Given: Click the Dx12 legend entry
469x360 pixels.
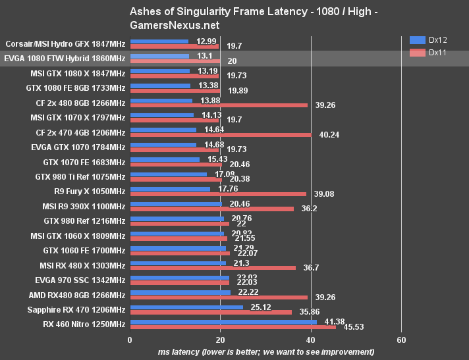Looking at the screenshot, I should pyautogui.click(x=427, y=39).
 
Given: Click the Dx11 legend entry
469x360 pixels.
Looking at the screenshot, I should pyautogui.click(x=427, y=52).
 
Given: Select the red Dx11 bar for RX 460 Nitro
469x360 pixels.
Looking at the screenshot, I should pyautogui.click(x=233, y=327).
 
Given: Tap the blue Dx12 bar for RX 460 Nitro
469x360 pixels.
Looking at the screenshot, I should pyautogui.click(x=223, y=322).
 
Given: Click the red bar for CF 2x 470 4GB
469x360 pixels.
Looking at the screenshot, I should pyautogui.click(x=221, y=134).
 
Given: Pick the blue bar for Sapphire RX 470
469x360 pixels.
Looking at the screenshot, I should pyautogui.click(x=186, y=307).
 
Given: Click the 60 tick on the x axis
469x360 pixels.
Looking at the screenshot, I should pyautogui.click(x=401, y=340).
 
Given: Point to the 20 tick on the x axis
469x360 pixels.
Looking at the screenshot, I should pyautogui.click(x=221, y=340).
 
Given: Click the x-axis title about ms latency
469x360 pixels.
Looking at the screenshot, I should pyautogui.click(x=266, y=352).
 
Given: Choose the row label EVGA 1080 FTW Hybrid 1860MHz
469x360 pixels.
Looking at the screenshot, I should pyautogui.click(x=65, y=59).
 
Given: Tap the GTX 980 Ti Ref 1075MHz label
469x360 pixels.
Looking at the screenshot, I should pyautogui.click(x=80, y=176).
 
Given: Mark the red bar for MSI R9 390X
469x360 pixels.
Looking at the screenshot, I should pyautogui.click(x=211, y=209).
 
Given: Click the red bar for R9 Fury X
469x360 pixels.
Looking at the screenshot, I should pyautogui.click(x=218, y=193).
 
